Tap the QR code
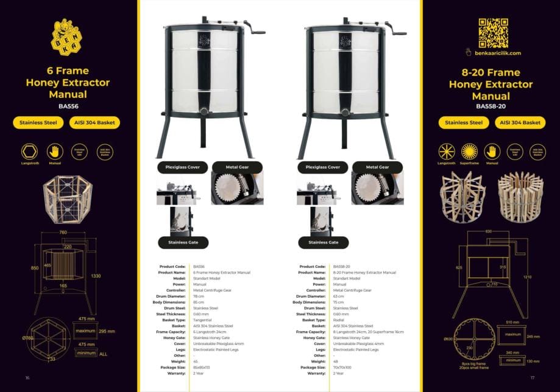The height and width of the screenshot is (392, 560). click(x=493, y=33)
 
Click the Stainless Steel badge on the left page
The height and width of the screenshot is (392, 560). click(x=38, y=122)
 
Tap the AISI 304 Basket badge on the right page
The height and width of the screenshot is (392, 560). click(x=520, y=122)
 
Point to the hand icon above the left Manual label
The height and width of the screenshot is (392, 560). click(x=55, y=151)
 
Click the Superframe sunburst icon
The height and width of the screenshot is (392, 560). click(x=469, y=151)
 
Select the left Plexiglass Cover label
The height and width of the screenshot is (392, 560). click(x=183, y=167)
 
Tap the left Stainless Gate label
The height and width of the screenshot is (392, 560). click(x=183, y=242)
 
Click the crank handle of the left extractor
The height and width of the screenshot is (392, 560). click(x=258, y=30)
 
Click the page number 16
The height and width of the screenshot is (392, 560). click(x=27, y=377)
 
